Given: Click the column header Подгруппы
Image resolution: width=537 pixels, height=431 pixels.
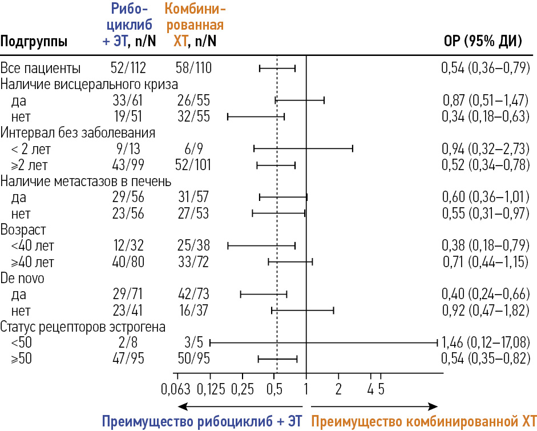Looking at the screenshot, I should tap(34, 41).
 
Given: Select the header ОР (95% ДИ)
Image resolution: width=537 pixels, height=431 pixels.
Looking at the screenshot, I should tap(483, 41).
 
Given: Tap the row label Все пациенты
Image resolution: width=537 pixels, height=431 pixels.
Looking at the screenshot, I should tap(41, 69).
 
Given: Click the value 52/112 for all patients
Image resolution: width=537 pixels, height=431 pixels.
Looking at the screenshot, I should tap(128, 69).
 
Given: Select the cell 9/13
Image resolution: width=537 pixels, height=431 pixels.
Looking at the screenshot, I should tap(128, 149).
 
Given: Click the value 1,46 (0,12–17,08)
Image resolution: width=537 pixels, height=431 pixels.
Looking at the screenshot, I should tap(486, 343).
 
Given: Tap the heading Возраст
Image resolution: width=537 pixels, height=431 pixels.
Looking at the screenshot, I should tap(23, 230).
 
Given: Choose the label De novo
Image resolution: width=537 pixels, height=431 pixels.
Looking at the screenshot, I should tap(23, 278).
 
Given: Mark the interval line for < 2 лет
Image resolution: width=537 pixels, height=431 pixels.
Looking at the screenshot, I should tap(303, 149).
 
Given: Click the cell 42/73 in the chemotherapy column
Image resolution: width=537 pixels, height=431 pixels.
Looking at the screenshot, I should tap(193, 295).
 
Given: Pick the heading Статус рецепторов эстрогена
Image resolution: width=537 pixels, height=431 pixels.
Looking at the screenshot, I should tap(83, 327).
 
